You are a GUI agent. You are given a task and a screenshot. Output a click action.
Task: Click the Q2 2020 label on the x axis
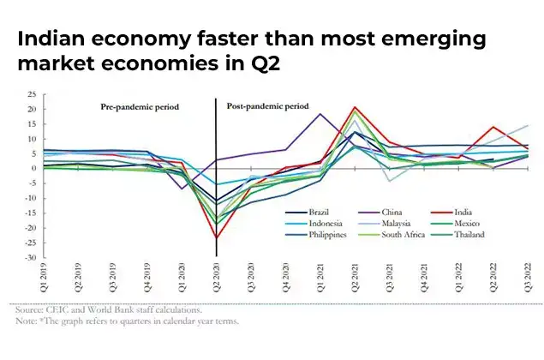(215, 278)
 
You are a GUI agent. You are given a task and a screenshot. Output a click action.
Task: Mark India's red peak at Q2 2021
(354, 108)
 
